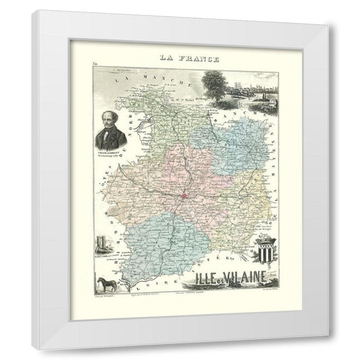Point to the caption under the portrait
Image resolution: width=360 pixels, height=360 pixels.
pos(109,151)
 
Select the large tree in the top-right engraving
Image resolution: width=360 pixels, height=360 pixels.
pos(213,83)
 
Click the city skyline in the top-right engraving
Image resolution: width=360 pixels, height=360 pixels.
pos(246,89)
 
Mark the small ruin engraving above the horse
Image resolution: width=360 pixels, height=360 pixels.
pos(102,243)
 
